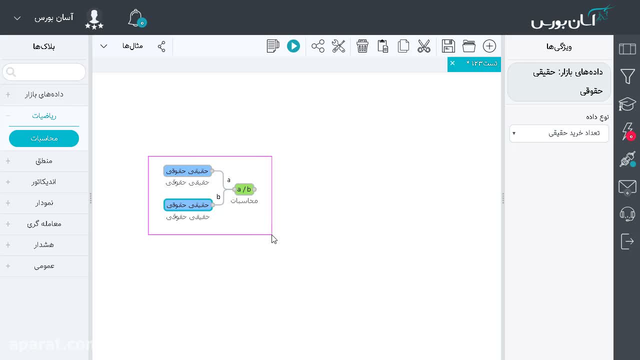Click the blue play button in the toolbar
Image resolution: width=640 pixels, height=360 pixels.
coord(293,46)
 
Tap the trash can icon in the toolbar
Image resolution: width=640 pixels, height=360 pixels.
coord(362,46)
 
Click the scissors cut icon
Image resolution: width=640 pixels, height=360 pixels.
coord(423,46)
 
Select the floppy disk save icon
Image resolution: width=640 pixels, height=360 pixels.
coord(448,46)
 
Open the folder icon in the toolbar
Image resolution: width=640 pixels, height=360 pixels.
coord(469,46)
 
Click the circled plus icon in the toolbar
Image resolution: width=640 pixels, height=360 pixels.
coord(489,46)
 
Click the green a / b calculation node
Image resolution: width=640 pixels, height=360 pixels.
coord(244,189)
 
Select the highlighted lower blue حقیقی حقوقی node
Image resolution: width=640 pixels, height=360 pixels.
coord(188,205)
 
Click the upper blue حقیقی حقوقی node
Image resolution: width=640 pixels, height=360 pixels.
coord(187,171)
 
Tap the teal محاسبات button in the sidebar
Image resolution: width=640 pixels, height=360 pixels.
coord(44,138)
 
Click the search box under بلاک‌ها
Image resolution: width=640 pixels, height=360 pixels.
coord(44,71)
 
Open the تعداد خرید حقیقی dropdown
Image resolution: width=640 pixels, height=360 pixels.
coord(559,133)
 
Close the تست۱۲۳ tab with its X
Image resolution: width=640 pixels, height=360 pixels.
coord(452,63)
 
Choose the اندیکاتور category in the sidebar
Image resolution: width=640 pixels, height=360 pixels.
coord(43,182)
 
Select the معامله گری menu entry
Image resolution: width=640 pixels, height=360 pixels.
coord(44,224)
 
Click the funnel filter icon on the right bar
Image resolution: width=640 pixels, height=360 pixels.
coord(627,76)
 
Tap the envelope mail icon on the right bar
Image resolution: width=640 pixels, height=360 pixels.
coord(627,187)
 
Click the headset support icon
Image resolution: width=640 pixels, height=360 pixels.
coord(627,214)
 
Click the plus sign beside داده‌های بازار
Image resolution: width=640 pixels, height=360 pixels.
coord(8,94)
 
